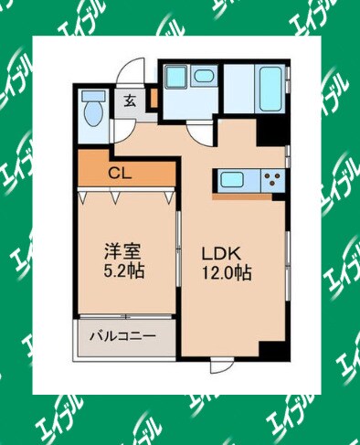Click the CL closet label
click(119, 170)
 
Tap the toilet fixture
click(91, 111)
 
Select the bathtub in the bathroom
click(267, 90)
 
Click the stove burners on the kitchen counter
click(270, 178)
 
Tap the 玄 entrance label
click(131, 101)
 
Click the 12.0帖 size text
click(227, 271)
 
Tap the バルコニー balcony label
click(122, 335)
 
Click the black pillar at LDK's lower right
click(271, 350)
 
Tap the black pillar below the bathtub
click(270, 134)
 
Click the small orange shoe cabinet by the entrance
click(154, 98)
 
